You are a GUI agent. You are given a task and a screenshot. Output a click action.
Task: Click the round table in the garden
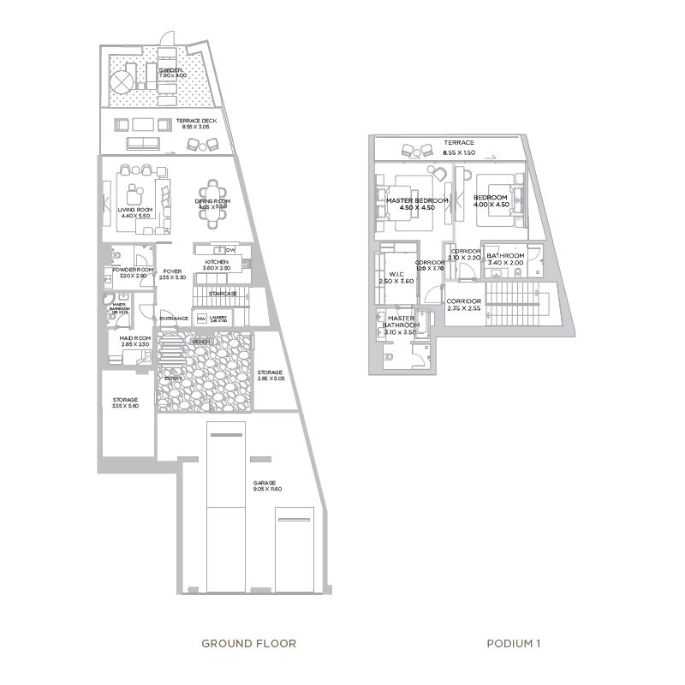121,81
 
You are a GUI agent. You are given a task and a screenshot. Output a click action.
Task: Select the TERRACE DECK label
196,121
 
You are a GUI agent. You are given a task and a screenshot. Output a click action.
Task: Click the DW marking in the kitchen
229,249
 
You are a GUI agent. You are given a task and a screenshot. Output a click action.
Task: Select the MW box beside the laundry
201,319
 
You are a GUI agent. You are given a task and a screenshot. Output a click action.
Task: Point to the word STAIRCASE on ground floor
222,294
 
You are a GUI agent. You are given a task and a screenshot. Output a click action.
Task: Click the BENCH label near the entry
201,342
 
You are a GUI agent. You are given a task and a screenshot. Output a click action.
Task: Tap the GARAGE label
263,483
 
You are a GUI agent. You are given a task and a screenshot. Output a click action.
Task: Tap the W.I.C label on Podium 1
396,275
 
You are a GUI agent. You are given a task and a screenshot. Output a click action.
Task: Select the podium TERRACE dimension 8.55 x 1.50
459,152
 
